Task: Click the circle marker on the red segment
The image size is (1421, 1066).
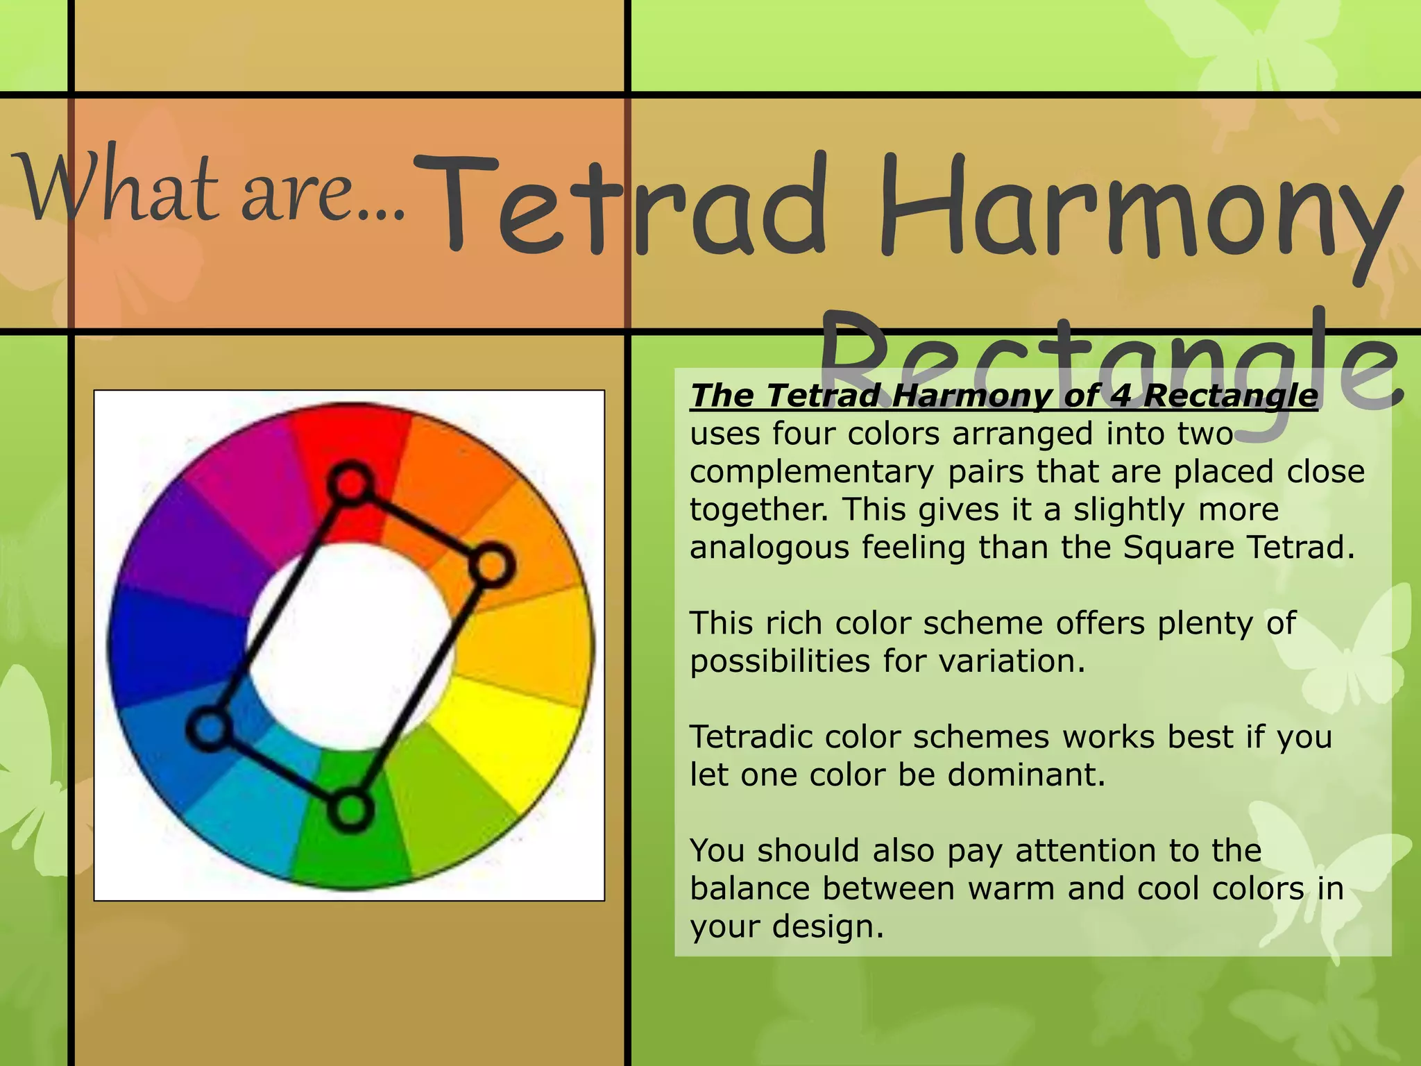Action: click(350, 483)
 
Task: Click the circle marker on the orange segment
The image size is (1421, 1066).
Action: click(492, 566)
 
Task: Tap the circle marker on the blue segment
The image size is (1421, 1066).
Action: click(209, 729)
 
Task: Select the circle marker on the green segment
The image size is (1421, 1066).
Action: click(350, 809)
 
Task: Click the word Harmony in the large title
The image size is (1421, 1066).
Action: click(1138, 208)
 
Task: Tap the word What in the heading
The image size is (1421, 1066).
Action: click(118, 187)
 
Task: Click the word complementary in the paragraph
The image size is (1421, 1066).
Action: click(811, 473)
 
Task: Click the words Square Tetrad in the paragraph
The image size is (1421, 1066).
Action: click(1239, 548)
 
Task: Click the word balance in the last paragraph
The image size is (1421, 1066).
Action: click(752, 889)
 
